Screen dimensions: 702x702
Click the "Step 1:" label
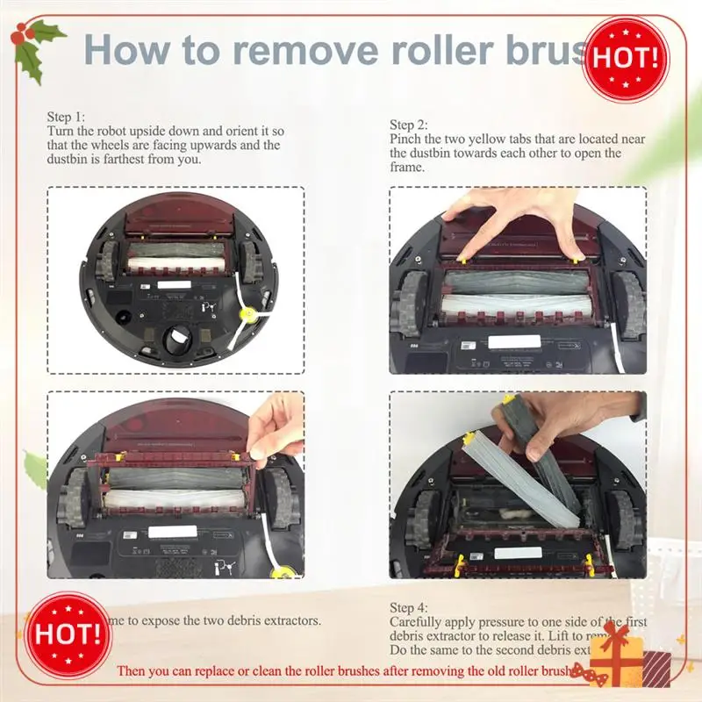click(67, 116)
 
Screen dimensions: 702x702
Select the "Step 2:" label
click(409, 125)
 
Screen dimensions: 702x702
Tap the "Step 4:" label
click(409, 607)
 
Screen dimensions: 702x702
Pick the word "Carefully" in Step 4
click(418, 621)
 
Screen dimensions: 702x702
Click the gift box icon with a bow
click(629, 657)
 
